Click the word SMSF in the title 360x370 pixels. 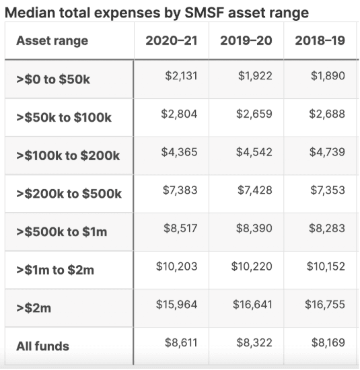204,13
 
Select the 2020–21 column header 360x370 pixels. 172,40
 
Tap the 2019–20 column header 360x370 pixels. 246,40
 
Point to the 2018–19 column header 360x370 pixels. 320,40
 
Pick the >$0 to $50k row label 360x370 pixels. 53,79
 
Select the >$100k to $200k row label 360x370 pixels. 68,155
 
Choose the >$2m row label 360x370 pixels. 34,308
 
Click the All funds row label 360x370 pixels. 42,346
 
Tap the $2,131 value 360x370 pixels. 181,76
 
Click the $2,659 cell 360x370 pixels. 254,114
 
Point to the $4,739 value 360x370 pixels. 327,152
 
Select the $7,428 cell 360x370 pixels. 255,190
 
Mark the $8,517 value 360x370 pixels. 180,228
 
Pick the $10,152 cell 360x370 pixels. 326,266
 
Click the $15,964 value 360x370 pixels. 176,304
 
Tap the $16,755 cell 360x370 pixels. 325,304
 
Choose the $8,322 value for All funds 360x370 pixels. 254,342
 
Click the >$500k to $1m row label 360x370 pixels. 62,231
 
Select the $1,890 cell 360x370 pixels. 328,76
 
